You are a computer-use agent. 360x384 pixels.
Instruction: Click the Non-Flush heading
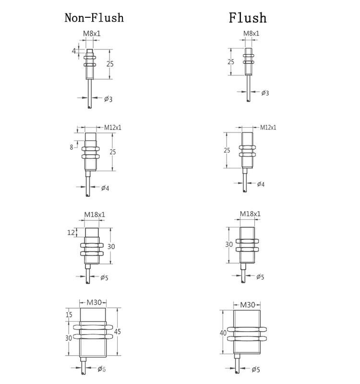click(x=94, y=18)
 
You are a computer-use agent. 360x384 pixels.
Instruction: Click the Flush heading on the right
click(x=247, y=18)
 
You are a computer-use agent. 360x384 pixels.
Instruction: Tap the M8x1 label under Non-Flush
click(x=92, y=34)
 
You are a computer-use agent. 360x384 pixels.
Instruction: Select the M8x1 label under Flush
click(x=251, y=34)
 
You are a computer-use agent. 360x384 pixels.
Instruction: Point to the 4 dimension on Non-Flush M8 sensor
click(x=74, y=50)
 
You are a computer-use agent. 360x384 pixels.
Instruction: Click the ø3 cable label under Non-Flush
click(x=108, y=99)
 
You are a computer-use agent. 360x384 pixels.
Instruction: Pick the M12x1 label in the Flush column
click(x=268, y=127)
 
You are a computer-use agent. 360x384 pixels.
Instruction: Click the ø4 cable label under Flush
click(x=261, y=184)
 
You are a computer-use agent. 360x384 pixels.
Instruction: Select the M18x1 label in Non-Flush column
click(x=94, y=214)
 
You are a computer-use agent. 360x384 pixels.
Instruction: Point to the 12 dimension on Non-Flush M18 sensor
click(x=72, y=232)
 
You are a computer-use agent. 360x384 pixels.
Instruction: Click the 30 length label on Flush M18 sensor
click(x=229, y=244)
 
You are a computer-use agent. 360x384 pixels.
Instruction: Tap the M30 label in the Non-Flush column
click(x=93, y=302)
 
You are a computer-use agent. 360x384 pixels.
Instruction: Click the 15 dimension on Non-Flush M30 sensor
click(x=68, y=314)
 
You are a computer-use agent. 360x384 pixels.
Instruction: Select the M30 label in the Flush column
click(x=247, y=305)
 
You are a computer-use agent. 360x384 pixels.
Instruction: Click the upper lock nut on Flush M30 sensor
click(x=247, y=329)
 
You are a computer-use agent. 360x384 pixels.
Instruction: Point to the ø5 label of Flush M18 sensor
click(x=260, y=276)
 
